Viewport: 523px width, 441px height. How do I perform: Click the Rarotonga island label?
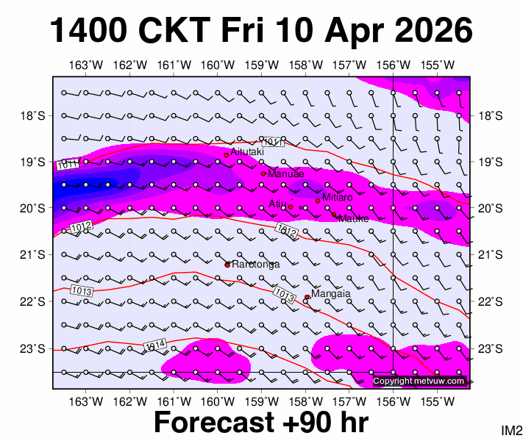point(255,265)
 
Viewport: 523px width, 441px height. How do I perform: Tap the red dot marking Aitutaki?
point(227,155)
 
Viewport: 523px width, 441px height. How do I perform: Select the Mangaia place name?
point(331,293)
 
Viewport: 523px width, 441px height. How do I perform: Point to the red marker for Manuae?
point(263,173)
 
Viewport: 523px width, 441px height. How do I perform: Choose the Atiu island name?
point(277,204)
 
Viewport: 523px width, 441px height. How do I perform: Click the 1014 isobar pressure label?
point(154,345)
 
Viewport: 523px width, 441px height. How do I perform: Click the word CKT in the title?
point(192,31)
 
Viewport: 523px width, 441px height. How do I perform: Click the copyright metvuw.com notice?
point(419,381)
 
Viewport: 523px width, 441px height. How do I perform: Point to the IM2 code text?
point(510,430)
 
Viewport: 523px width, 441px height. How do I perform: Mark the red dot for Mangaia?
point(307,297)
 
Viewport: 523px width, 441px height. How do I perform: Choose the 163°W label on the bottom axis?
point(86,401)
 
